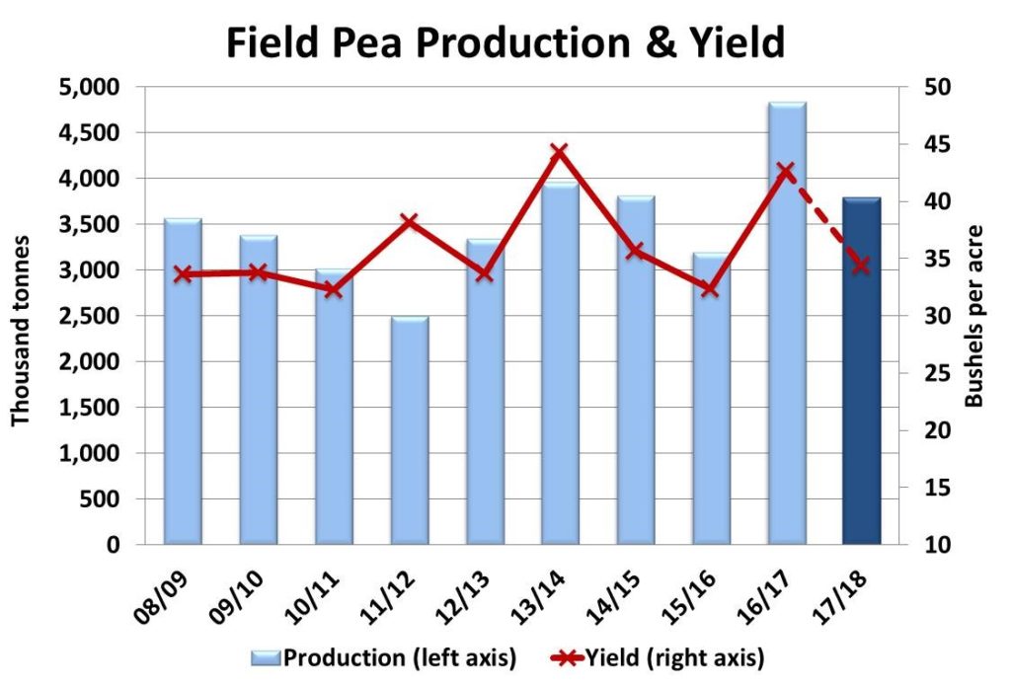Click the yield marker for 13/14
(559, 152)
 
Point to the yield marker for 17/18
(860, 265)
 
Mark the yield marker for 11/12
(409, 220)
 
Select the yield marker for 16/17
(786, 172)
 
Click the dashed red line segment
(823, 218)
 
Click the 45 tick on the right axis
(933, 144)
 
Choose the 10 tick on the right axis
(933, 545)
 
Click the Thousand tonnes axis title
(22, 316)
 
